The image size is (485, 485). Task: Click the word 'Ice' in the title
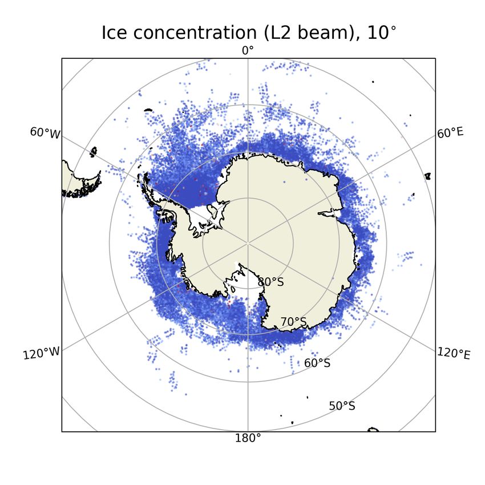point(115,33)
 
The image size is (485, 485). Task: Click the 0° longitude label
point(248,51)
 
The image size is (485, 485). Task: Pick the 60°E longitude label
point(450,133)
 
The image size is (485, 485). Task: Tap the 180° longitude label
point(248,438)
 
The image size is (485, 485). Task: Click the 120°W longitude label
point(41,353)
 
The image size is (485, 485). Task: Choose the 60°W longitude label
point(45,133)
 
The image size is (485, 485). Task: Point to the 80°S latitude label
point(270,282)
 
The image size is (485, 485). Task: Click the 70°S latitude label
point(293,322)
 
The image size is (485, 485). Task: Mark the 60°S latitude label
point(317,363)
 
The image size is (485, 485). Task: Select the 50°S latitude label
point(342,406)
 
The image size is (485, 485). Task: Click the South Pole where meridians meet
point(248,244)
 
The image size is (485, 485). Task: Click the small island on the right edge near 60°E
point(428,177)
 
